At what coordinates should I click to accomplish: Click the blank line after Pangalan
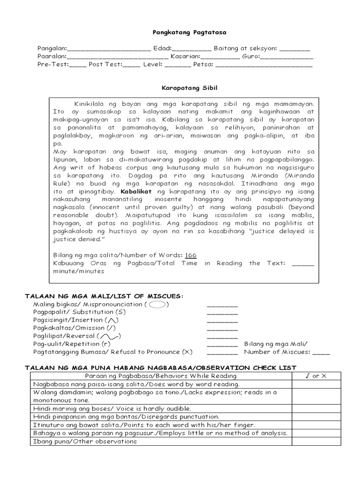109,49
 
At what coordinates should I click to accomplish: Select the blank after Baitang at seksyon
296,49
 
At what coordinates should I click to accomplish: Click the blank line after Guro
286,57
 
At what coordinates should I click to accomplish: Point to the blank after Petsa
263,65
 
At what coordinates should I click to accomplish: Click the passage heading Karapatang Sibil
180,88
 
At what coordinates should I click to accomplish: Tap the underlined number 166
190,255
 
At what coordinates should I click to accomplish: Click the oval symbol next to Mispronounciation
159,304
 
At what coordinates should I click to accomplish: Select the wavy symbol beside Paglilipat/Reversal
109,336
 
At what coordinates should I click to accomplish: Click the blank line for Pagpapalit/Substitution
222,312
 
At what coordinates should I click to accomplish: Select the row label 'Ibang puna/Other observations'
85,441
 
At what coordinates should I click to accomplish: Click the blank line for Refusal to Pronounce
222,352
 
